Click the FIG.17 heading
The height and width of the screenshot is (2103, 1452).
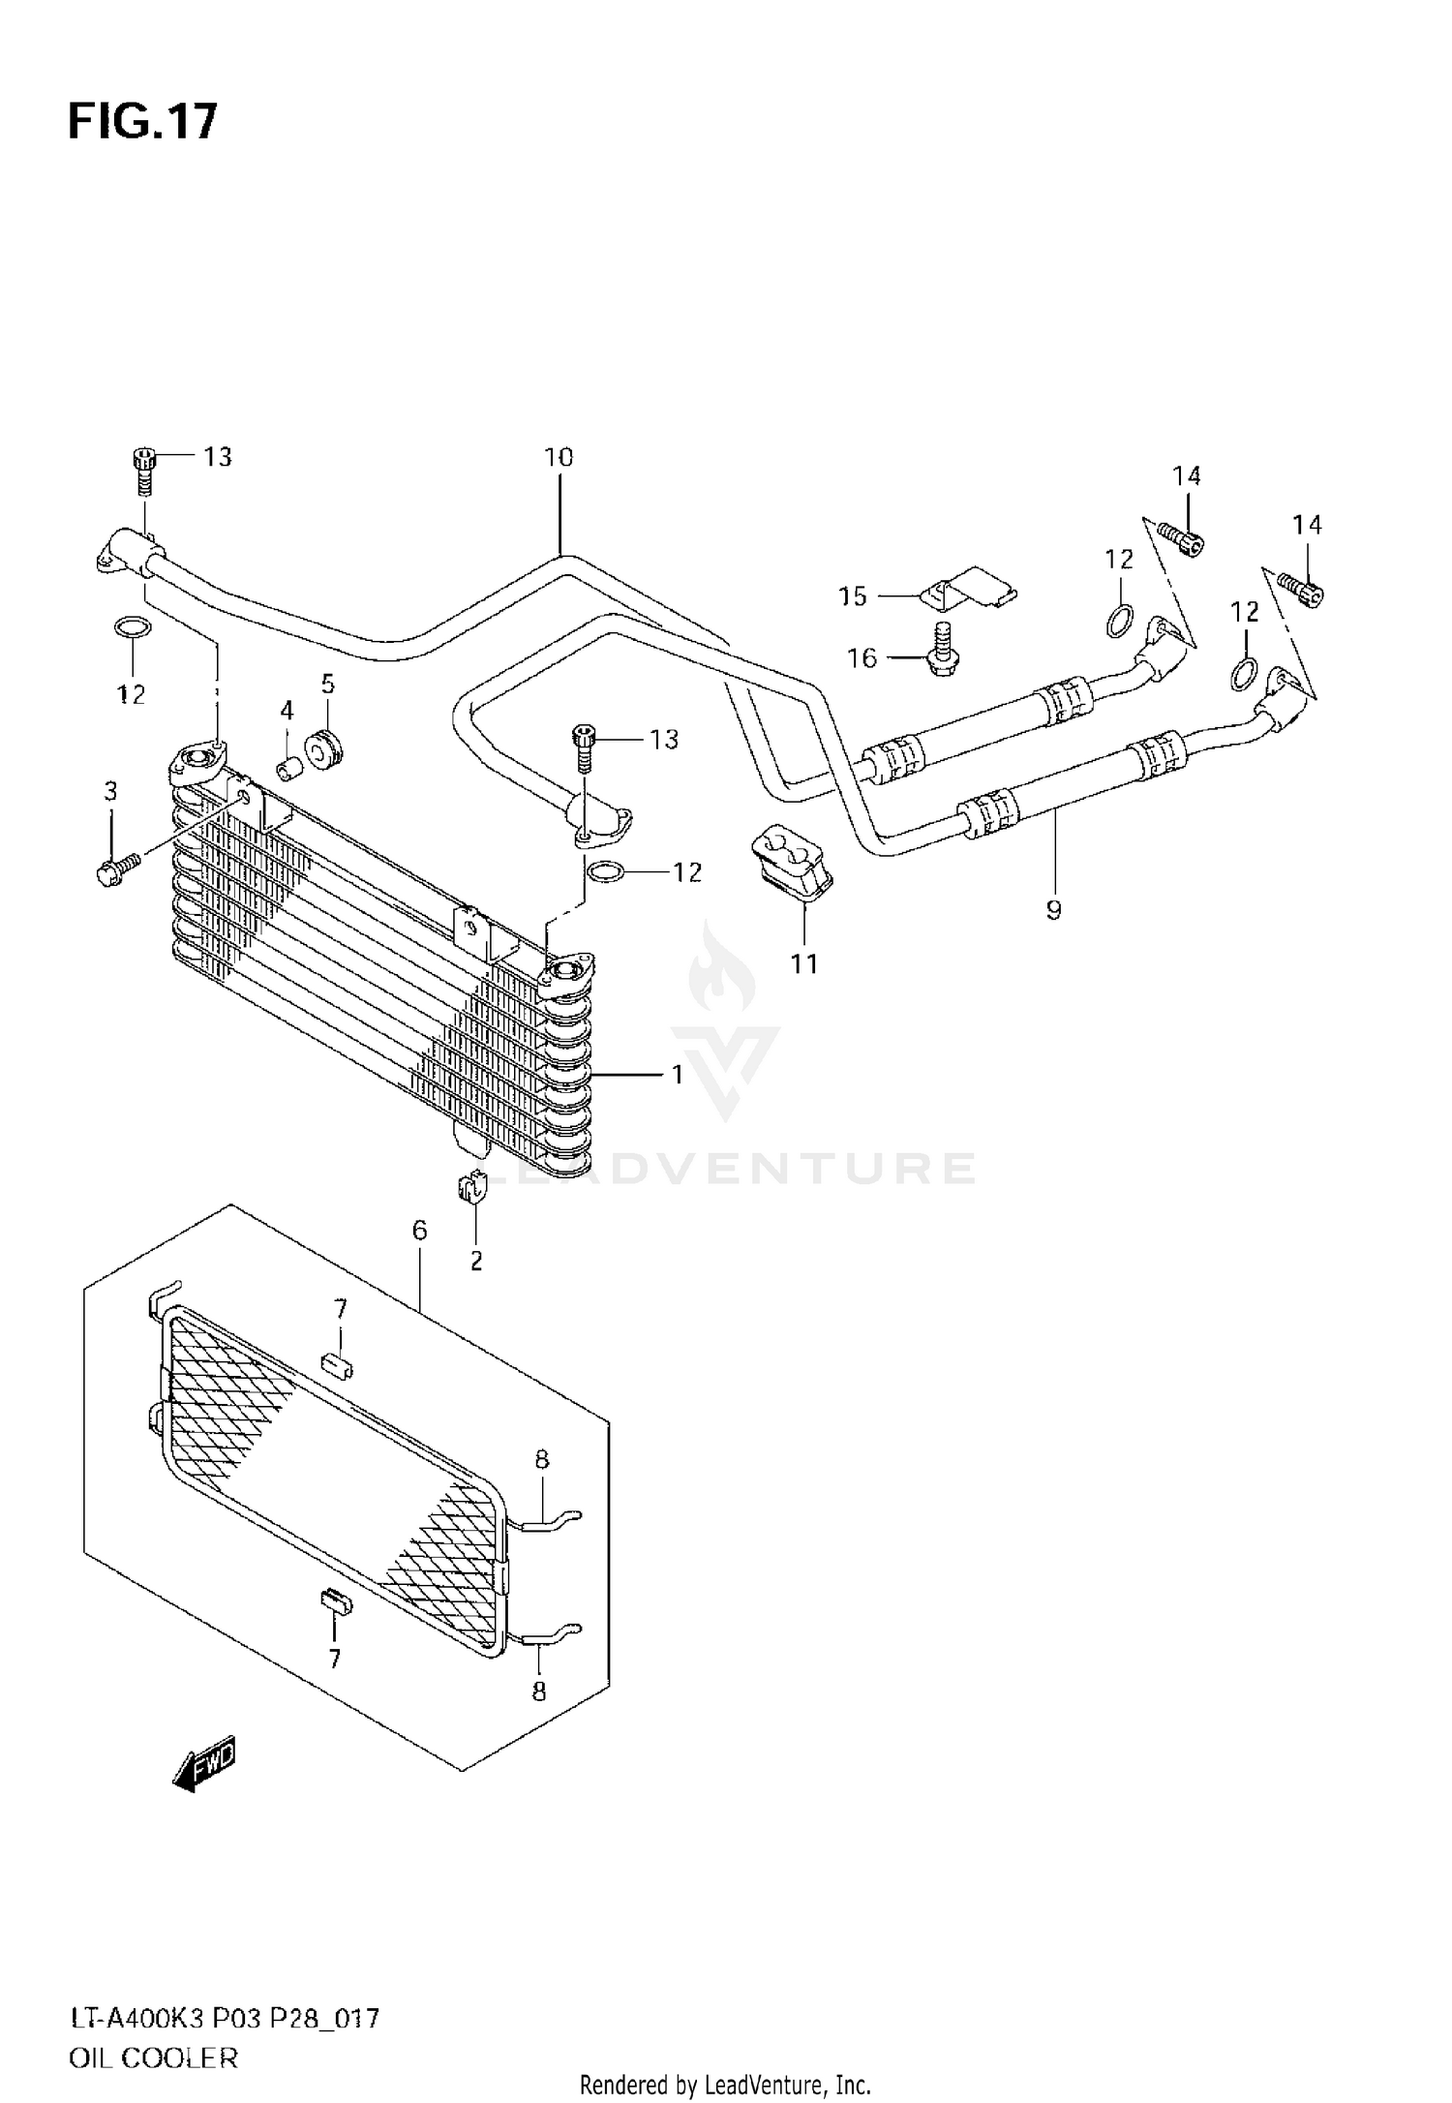142,123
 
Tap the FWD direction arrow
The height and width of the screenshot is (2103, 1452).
204,1769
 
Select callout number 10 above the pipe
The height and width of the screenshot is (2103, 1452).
559,457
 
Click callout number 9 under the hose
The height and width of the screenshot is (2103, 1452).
1053,909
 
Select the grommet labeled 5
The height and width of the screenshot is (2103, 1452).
325,750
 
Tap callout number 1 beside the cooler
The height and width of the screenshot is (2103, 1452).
678,1075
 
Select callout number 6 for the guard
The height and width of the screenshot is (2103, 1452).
418,1231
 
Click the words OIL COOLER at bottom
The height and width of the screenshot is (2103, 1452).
152,2057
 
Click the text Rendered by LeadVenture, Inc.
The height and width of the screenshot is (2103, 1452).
725,2085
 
